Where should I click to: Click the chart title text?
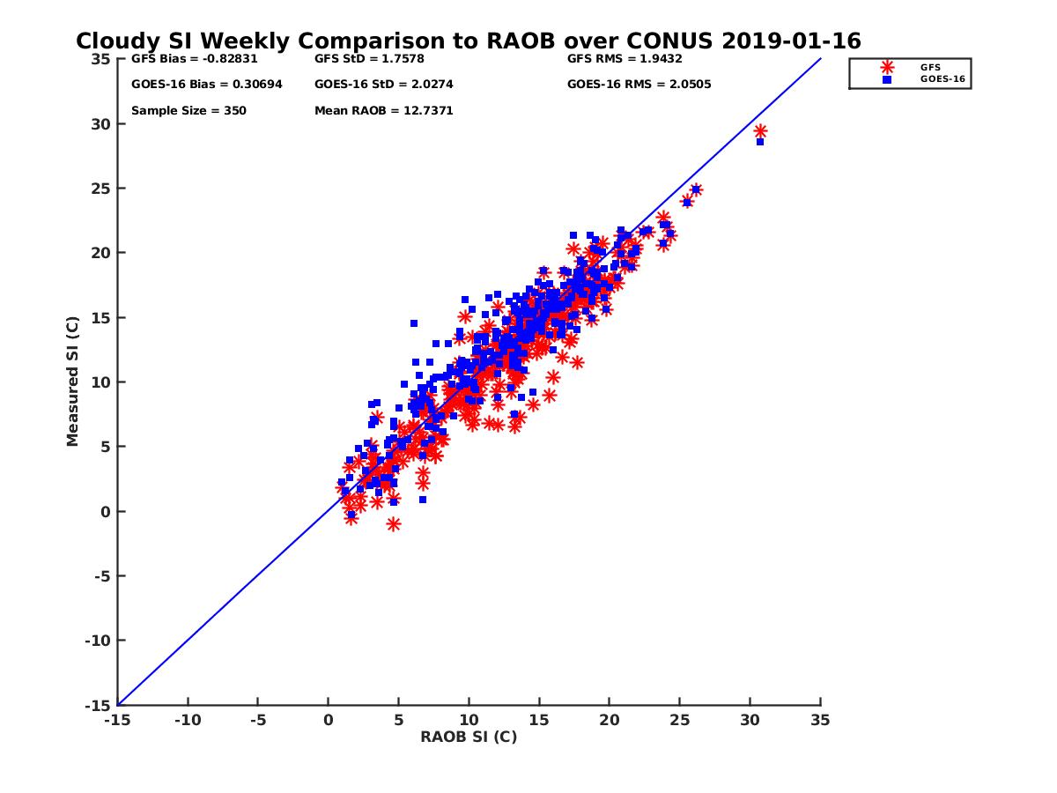(468, 41)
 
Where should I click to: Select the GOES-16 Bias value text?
(206, 85)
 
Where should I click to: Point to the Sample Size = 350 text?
(188, 111)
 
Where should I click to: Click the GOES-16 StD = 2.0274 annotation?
(384, 85)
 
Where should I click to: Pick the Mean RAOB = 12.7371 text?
(383, 111)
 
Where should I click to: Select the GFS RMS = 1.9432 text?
(625, 59)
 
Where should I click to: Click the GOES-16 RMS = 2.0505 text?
(639, 85)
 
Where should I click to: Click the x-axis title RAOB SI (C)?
(469, 737)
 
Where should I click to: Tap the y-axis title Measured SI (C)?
(73, 382)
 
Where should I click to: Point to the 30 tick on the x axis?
(750, 720)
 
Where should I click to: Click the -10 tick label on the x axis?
(188, 720)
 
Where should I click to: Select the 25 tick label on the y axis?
(101, 189)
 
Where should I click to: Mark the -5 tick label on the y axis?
(101, 576)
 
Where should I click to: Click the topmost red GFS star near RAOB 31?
(760, 131)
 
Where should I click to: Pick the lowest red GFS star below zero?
(394, 523)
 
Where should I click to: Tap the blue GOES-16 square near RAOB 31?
(759, 141)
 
